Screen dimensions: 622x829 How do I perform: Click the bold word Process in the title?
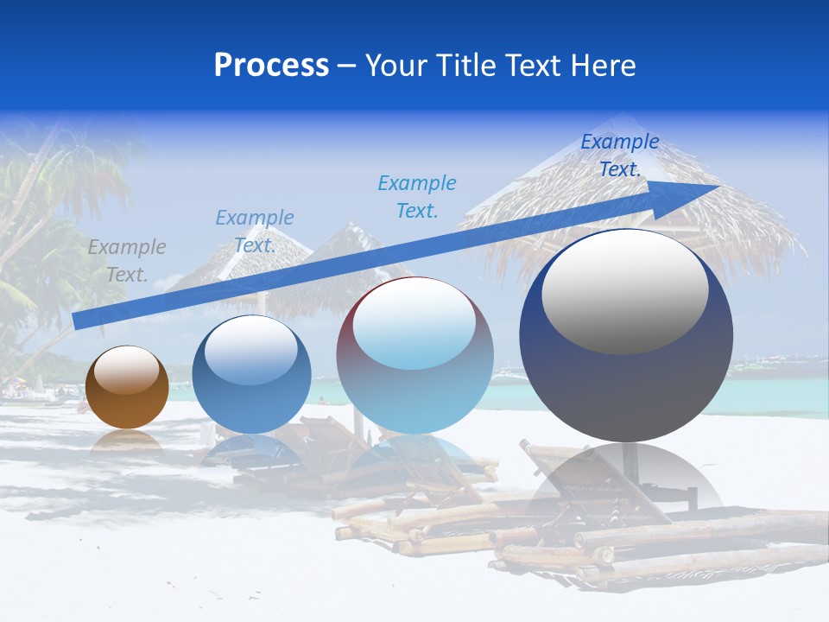point(271,66)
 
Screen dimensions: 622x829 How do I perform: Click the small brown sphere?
point(127,387)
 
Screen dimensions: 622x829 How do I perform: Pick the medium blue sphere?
point(251,374)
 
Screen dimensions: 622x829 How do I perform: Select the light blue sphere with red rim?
point(415,355)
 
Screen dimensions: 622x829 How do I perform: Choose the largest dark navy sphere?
point(626,335)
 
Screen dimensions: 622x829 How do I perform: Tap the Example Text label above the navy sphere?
point(620,155)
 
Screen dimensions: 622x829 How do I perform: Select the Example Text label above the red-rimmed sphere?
point(417,197)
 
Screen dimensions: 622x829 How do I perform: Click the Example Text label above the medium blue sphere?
point(255,232)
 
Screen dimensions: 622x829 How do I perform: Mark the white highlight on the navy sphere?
point(625,290)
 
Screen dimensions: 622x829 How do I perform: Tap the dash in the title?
point(346,67)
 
